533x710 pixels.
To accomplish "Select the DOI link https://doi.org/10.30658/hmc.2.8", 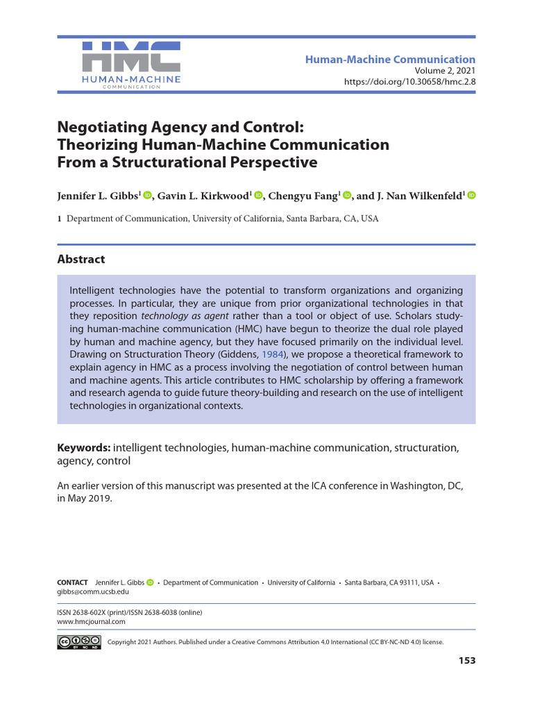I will [409, 82].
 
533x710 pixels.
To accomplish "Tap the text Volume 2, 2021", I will [445, 71].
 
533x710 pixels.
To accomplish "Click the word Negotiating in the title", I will [101, 128].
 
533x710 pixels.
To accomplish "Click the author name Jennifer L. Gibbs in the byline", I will [98, 196].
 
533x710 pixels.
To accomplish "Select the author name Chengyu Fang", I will [304, 196].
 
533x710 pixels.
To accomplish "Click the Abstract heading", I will [81, 259].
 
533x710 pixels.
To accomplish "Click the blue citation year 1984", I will [273, 354].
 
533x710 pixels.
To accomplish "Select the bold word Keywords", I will [83, 448].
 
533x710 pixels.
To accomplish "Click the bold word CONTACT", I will [72, 582].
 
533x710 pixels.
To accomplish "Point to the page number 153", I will [467, 661].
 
